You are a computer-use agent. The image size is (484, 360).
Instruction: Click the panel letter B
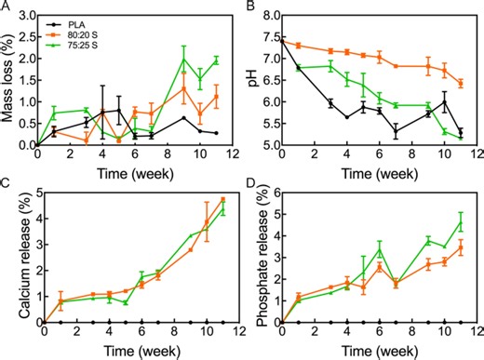pyautogui.click(x=251, y=8)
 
